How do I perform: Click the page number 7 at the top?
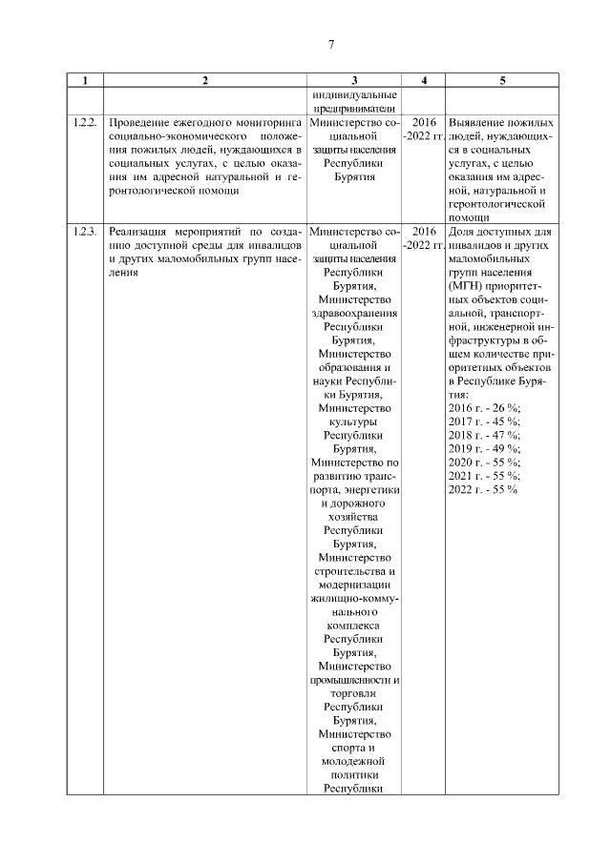pos(331,45)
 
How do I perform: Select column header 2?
pos(204,81)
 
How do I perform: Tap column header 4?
pos(423,81)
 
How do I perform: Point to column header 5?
pos(502,81)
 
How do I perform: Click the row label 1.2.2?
pos(85,124)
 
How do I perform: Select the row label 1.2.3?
pos(85,232)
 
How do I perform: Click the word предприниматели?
pos(354,109)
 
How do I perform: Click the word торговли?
pos(354,694)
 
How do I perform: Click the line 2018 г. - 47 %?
pos(483,435)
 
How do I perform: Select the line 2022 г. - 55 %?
pos(483,489)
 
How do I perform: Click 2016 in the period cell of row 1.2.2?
pos(423,124)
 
